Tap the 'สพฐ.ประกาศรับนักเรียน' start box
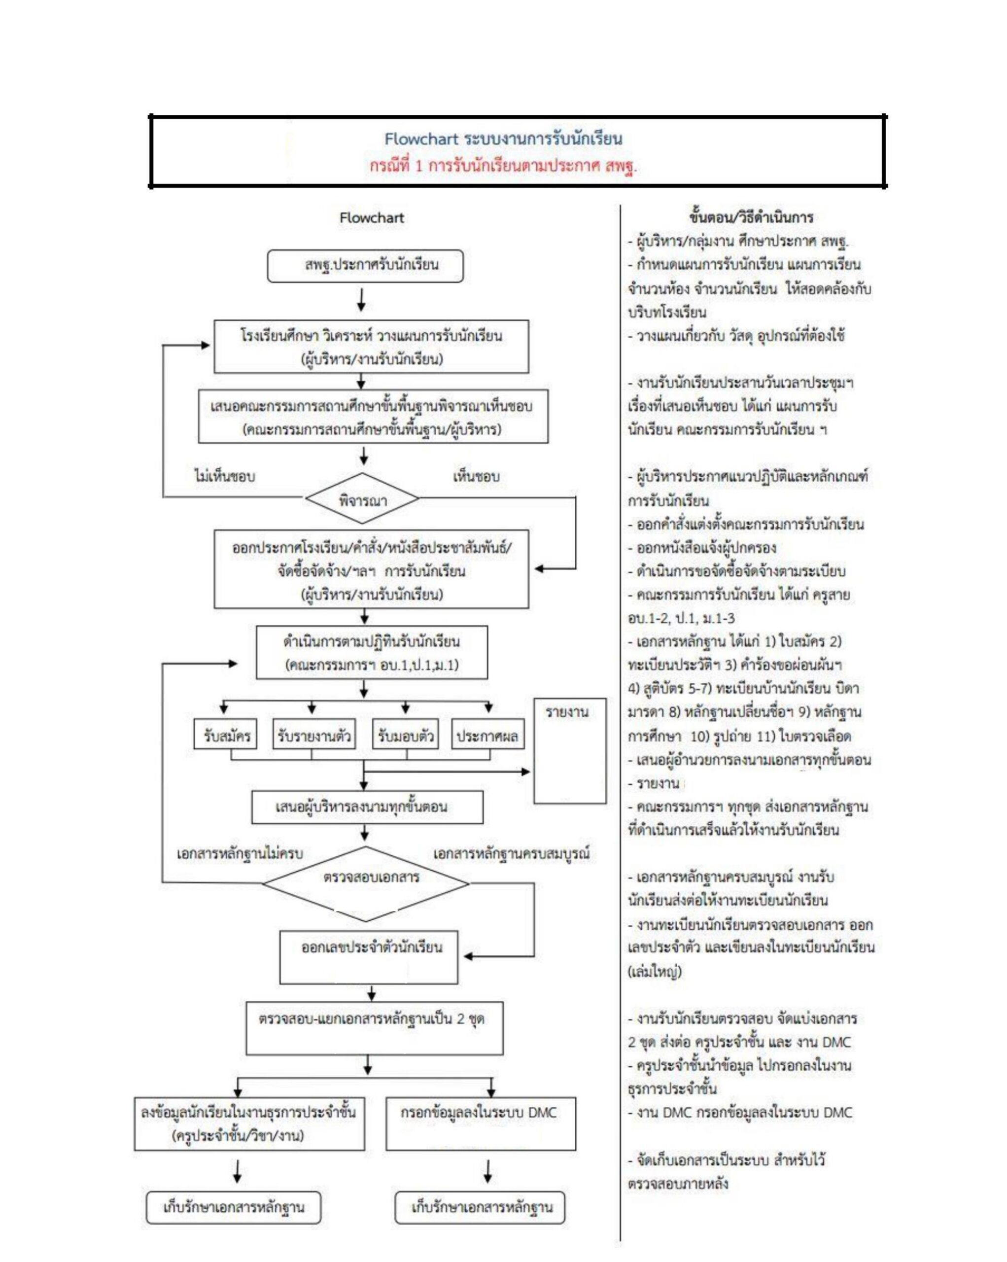[365, 266]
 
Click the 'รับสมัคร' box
[227, 736]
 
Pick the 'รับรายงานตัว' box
[314, 736]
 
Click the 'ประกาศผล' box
[487, 736]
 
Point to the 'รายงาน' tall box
[569, 751]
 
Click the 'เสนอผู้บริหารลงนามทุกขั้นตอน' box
[367, 807]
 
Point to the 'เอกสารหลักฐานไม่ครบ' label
[240, 854]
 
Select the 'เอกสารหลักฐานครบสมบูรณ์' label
[511, 854]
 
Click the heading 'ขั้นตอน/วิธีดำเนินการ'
[751, 218]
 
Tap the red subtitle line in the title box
[503, 166]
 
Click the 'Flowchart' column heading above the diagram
[372, 218]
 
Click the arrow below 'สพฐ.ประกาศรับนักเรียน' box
[362, 299]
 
